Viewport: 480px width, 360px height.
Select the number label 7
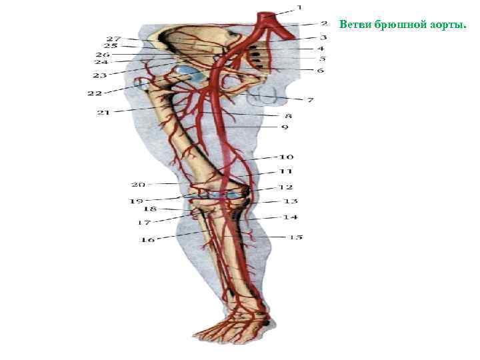click(x=310, y=100)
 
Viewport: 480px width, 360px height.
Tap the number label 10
click(x=286, y=157)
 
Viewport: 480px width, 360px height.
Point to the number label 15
click(x=295, y=237)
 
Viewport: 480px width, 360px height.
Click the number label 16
click(x=147, y=239)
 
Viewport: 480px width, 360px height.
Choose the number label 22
click(x=95, y=93)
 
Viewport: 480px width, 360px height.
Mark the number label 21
click(x=103, y=112)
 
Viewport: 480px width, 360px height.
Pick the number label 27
click(x=114, y=39)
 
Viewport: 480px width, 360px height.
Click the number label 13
click(x=291, y=201)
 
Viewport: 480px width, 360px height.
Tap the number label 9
click(x=285, y=126)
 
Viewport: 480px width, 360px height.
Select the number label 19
click(x=136, y=200)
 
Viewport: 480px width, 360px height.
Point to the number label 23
click(x=100, y=75)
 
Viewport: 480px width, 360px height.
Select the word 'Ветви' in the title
click(x=353, y=25)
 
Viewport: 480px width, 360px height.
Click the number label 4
click(x=321, y=48)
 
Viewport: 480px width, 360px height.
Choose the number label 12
click(x=286, y=187)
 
